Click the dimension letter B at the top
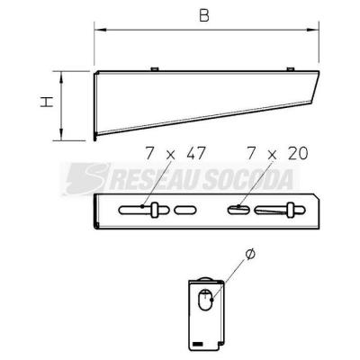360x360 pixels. tap(204, 15)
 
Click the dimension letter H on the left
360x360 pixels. tap(47, 102)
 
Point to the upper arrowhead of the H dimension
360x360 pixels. tap(61, 77)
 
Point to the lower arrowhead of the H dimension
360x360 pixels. tap(61, 134)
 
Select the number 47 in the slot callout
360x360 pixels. tap(195, 154)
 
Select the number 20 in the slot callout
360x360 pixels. tap(298, 154)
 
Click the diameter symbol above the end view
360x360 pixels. tap(250, 254)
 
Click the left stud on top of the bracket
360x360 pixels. tap(155, 69)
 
